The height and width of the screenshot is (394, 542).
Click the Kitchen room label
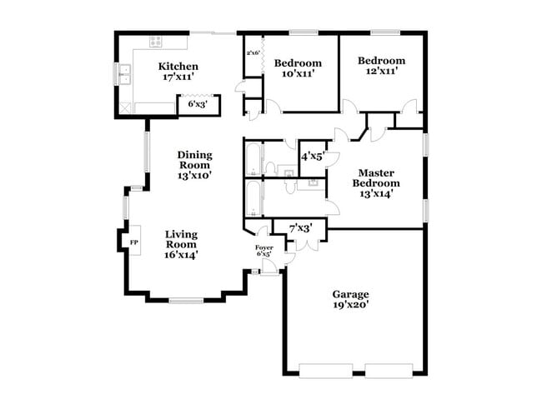[x=178, y=67]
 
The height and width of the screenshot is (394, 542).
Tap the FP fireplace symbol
[x=133, y=242]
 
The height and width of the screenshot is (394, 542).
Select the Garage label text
[x=350, y=294]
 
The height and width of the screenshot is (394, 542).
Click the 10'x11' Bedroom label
[x=298, y=63]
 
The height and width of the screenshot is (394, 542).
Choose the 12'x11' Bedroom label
[x=382, y=61]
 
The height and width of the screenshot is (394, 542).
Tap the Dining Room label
[x=194, y=159]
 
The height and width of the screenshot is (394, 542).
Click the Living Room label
[x=180, y=239]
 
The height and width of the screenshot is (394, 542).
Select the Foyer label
[x=263, y=248]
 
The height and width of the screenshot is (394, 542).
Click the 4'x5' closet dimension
[x=312, y=155]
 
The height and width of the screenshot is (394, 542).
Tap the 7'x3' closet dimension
[x=300, y=227]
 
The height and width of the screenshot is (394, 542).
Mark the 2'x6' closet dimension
[x=253, y=53]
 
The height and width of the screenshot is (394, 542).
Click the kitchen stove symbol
[x=155, y=42]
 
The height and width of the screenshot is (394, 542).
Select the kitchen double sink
[x=124, y=75]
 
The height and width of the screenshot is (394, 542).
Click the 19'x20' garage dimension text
[x=350, y=305]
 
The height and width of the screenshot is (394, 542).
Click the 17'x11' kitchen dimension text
[x=178, y=77]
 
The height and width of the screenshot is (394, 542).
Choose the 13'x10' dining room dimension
[x=194, y=175]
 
